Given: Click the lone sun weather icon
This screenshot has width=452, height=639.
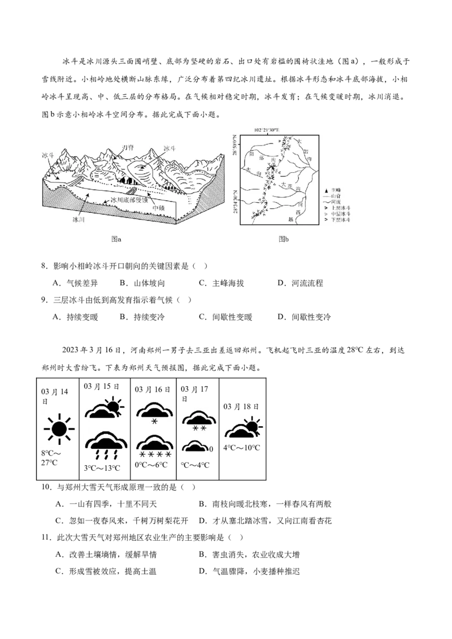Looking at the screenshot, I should click(x=58, y=428).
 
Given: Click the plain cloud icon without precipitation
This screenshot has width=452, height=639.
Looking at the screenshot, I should click(x=195, y=448).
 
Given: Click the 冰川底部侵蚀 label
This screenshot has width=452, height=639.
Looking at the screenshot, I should click(x=129, y=200).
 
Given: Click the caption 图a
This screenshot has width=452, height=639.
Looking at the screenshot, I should click(x=116, y=239).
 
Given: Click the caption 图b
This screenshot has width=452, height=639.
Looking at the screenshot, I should click(x=284, y=239).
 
